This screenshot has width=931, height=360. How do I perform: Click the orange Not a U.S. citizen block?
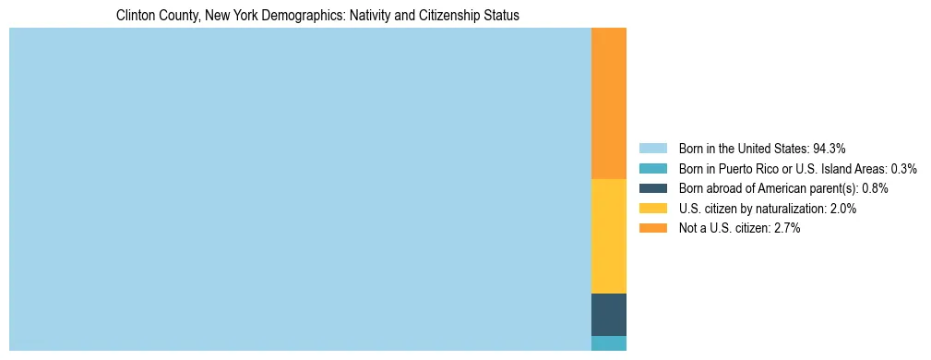608,103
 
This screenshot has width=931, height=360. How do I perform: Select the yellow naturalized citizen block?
608,235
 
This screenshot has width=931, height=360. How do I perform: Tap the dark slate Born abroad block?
608,314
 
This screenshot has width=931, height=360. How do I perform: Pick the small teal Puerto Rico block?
608,343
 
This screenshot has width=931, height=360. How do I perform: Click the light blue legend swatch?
652,148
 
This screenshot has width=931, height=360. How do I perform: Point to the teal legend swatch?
652,168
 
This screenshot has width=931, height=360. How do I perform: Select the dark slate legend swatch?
652,188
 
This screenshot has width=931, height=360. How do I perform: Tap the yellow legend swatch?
652,209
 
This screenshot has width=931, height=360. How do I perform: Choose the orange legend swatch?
652,228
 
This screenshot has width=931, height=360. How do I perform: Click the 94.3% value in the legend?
830,148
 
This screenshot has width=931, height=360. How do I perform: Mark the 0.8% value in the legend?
875,188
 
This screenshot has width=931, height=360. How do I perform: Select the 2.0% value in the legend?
843,209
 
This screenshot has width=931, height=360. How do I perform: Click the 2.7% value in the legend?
787,228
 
